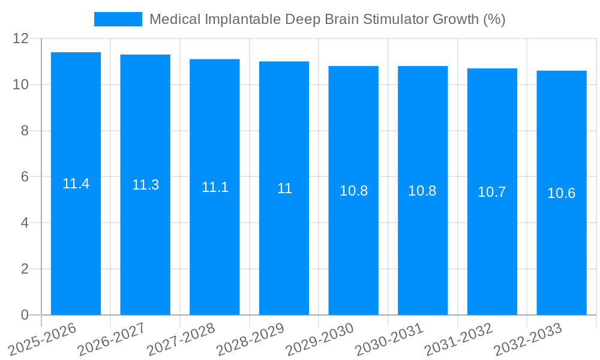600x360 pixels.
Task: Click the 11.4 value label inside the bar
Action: click(x=76, y=184)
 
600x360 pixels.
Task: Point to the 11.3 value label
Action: click(x=145, y=185)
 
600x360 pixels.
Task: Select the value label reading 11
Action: click(x=284, y=188)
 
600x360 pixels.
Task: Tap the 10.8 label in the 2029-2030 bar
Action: click(x=353, y=191)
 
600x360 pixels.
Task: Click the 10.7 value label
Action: click(x=492, y=192)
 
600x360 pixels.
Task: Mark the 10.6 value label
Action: click(x=562, y=193)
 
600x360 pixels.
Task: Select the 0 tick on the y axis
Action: click(x=25, y=315)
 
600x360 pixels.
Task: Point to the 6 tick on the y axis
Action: click(x=25, y=177)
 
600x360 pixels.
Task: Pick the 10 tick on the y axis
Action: click(x=21, y=85)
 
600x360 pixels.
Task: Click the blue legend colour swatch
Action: click(x=118, y=19)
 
